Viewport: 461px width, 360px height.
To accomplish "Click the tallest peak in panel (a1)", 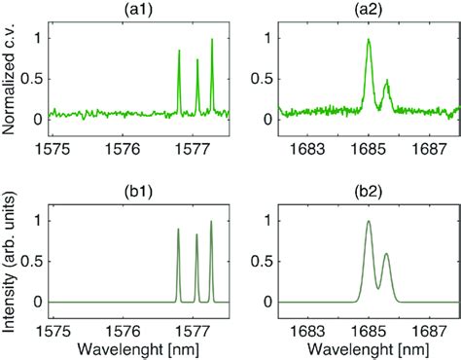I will pyautogui.click(x=212, y=41).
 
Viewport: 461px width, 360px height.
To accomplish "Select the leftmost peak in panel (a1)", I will pyautogui.click(x=179, y=53).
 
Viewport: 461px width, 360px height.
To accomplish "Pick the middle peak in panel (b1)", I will pyautogui.click(x=196, y=235).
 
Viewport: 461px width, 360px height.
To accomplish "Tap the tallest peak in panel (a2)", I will pyautogui.click(x=369, y=41).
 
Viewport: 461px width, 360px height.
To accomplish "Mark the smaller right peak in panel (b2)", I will pyautogui.click(x=386, y=255).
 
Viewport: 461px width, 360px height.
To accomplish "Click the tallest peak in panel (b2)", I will pyautogui.click(x=369, y=223).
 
